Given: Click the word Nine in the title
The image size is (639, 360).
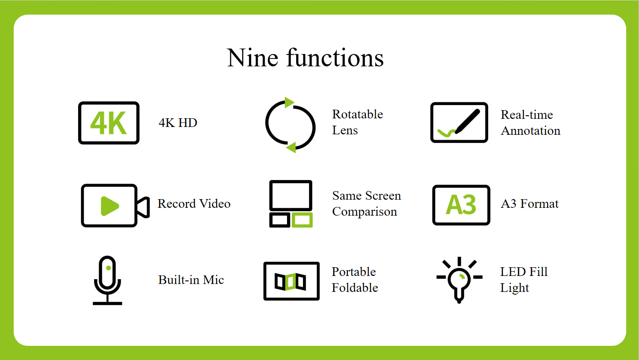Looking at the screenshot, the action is [252, 58].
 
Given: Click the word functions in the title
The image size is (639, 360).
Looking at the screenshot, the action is [335, 58].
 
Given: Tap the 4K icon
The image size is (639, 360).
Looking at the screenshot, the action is [109, 123].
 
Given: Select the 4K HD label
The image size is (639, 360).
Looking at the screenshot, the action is [178, 123].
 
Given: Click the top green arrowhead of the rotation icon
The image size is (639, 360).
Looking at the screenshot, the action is [289, 102].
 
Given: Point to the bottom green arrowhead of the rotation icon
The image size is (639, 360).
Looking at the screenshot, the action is [291, 148].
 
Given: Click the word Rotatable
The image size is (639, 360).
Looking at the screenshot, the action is [357, 114].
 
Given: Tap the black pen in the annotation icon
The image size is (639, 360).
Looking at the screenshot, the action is [468, 121].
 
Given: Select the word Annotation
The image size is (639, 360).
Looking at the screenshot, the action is [531, 131].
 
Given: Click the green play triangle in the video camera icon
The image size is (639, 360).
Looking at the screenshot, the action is [110, 206].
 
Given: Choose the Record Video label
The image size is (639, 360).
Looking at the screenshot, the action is [194, 203].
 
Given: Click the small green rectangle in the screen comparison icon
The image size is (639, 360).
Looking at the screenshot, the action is [302, 220].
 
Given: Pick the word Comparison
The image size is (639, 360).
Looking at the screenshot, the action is [365, 212].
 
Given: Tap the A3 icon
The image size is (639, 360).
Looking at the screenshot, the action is [461, 205].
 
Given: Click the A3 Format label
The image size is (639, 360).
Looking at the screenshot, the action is [530, 203].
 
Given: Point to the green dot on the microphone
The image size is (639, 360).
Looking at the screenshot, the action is [108, 268].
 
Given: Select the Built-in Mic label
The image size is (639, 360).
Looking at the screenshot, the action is [191, 280].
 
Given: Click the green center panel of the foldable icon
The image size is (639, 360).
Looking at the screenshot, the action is [290, 281].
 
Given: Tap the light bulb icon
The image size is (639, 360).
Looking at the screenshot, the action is [459, 281].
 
